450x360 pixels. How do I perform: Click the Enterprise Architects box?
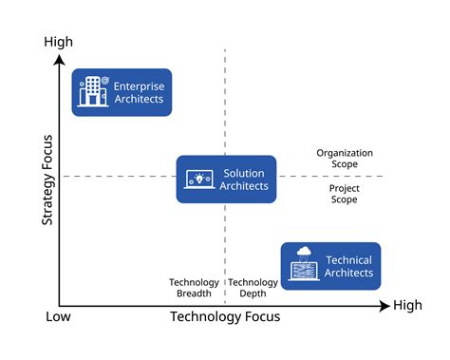[x=122, y=92]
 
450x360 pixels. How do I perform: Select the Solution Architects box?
[x=226, y=180]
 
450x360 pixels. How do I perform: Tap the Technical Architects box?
[x=330, y=266]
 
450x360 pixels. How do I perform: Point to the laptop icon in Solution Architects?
[x=199, y=179]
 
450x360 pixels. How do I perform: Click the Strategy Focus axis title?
[x=47, y=180]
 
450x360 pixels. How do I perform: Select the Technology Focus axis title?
[x=225, y=316]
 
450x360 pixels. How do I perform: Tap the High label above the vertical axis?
[x=59, y=42]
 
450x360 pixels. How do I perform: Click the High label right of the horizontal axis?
[x=407, y=306]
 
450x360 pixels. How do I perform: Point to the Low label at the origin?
[x=58, y=316]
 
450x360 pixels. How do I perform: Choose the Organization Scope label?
[x=345, y=159]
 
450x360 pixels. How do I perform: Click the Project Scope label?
[x=344, y=194]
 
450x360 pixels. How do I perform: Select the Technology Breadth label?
[x=194, y=288]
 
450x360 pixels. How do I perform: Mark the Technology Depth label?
[x=253, y=288]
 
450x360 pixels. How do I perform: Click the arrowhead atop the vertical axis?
[x=59, y=59]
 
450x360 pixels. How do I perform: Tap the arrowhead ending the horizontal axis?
[x=384, y=306]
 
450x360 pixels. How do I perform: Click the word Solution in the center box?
[x=244, y=174]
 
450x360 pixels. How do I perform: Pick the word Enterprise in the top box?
[x=139, y=85]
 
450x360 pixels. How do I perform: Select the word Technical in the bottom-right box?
[x=348, y=260]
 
